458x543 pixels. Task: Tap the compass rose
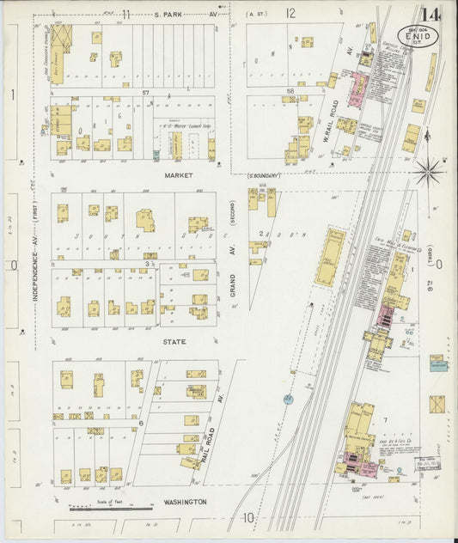(427, 171)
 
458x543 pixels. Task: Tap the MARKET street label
(180, 174)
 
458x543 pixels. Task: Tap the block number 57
(146, 92)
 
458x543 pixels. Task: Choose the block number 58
(290, 90)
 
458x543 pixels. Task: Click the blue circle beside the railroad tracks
(288, 399)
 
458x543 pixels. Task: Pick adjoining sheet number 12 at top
(290, 13)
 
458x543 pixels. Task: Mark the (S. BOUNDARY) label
(260, 176)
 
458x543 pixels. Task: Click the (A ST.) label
(256, 15)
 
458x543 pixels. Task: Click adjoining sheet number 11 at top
(126, 13)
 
